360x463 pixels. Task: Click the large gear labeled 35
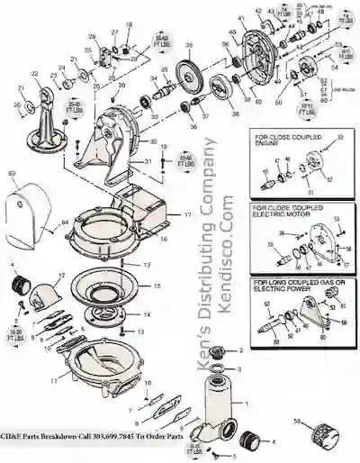(x=190, y=71)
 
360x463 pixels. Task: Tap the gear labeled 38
(x=218, y=91)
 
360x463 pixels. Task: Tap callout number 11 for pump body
(x=53, y=381)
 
